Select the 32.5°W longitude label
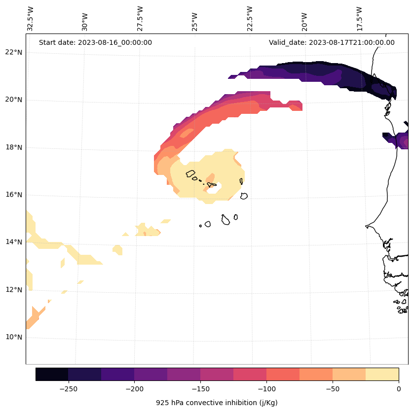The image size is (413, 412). click(x=31, y=19)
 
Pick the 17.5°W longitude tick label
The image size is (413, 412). click(x=359, y=19)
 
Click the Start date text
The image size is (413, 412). click(x=95, y=42)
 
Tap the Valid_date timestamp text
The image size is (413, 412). click(x=332, y=42)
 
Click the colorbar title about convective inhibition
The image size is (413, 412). click(x=217, y=403)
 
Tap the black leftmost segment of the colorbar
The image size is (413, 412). click(x=52, y=374)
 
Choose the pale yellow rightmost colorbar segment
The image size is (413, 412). click(x=382, y=374)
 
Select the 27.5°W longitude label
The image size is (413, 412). click(x=140, y=19)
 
